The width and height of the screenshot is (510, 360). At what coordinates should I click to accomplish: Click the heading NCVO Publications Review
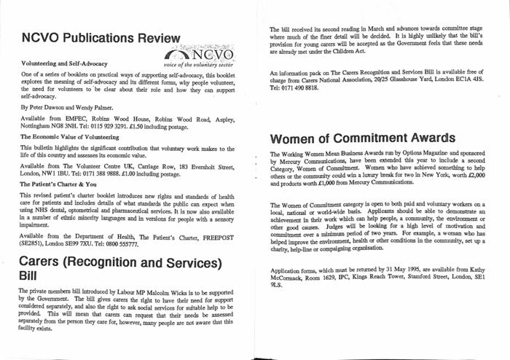(101, 38)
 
